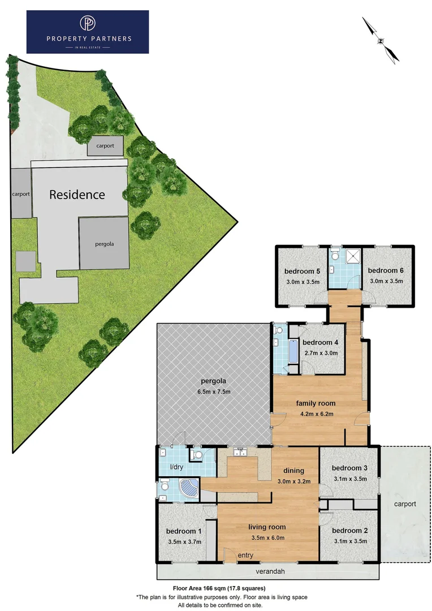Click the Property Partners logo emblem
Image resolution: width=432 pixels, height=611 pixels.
(88, 23)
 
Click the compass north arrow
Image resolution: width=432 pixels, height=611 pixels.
(381, 39)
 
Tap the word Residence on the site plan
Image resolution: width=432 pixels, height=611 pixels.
(77, 195)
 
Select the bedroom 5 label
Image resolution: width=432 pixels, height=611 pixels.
(303, 270)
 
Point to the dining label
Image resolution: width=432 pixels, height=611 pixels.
(293, 470)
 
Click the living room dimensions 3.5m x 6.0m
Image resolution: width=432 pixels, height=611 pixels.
(266, 538)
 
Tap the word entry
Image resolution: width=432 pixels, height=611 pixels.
(245, 556)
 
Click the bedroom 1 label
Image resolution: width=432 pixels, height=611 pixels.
(183, 531)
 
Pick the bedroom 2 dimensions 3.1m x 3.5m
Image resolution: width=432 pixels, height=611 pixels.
(350, 541)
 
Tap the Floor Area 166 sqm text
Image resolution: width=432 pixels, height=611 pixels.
(218, 588)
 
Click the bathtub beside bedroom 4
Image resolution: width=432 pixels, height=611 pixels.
(292, 352)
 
